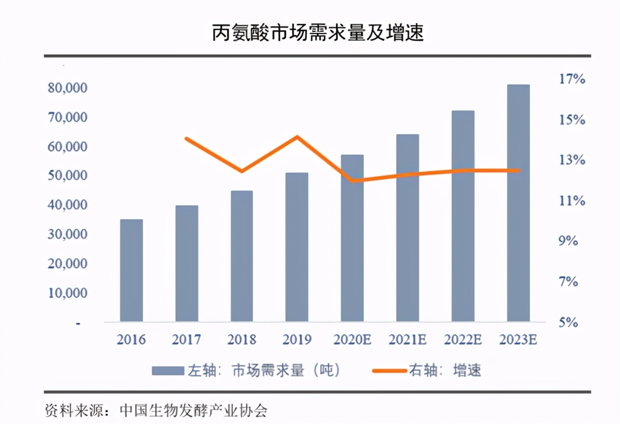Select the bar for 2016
click(x=131, y=270)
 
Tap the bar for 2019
click(x=297, y=247)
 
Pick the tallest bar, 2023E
click(x=518, y=203)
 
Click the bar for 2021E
click(x=408, y=228)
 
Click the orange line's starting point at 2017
click(x=186, y=138)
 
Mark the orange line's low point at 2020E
click(x=352, y=181)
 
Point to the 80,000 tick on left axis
click(x=63, y=88)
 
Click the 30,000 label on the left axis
click(x=63, y=234)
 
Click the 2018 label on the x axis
click(x=242, y=340)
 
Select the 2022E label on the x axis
click(x=463, y=340)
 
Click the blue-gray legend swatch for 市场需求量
click(x=168, y=371)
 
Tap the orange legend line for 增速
click(x=390, y=371)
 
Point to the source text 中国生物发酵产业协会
click(x=193, y=410)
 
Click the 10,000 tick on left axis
click(x=63, y=293)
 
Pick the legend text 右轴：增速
click(x=445, y=371)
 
